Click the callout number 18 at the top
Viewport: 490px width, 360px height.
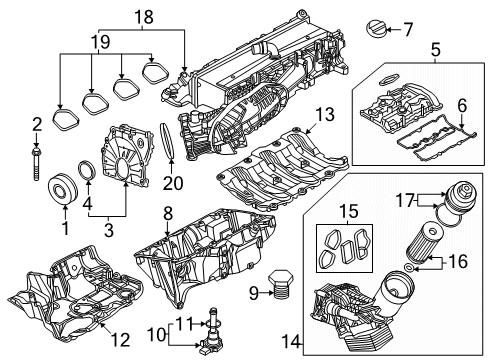[145, 16]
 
